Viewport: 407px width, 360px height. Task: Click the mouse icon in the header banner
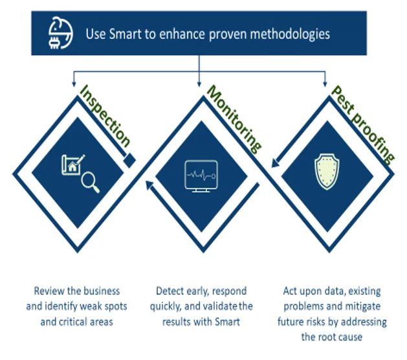[59, 32]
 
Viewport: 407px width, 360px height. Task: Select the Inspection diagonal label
[105, 117]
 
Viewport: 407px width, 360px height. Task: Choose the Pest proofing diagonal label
[362, 124]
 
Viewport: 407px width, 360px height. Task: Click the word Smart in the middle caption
[228, 321]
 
